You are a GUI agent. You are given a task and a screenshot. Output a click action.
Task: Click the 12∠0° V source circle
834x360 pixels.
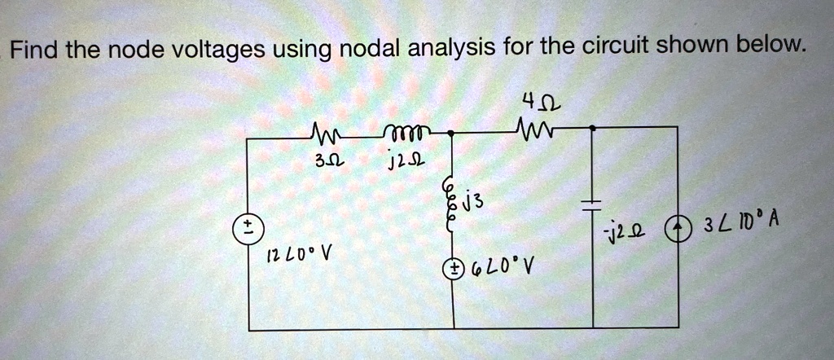(248, 232)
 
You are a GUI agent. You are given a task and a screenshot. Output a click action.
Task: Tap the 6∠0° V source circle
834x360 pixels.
(453, 269)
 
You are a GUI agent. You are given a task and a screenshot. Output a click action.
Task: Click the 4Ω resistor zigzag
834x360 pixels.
(529, 127)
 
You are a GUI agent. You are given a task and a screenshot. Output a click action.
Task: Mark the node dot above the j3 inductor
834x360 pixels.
(451, 134)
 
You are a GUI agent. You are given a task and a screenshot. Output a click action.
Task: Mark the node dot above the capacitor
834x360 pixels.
(593, 128)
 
